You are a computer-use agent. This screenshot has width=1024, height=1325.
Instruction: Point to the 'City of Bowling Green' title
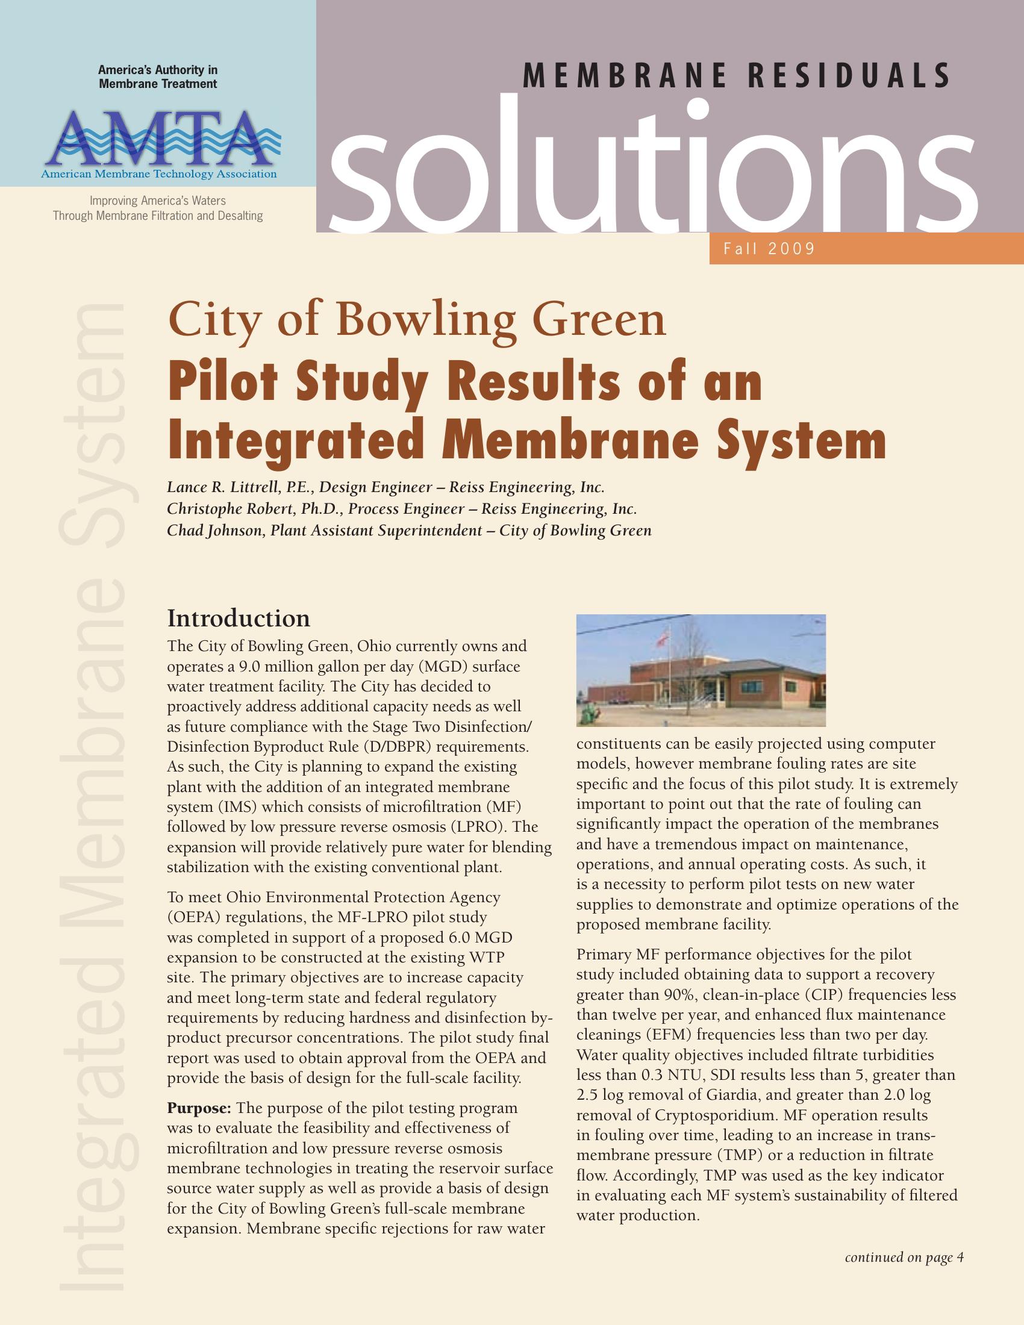coord(417,320)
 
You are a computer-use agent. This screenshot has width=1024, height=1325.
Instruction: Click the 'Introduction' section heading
coord(239,619)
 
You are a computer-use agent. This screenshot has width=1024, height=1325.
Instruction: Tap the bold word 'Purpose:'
coord(199,1108)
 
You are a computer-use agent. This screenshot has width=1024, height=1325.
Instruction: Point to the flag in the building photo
coord(663,637)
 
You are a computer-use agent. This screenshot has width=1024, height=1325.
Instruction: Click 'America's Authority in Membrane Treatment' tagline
coord(158,77)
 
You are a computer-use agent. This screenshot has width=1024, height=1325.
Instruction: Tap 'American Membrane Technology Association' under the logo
coord(159,175)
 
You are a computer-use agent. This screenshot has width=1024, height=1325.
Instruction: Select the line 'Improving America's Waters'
coord(158,201)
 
